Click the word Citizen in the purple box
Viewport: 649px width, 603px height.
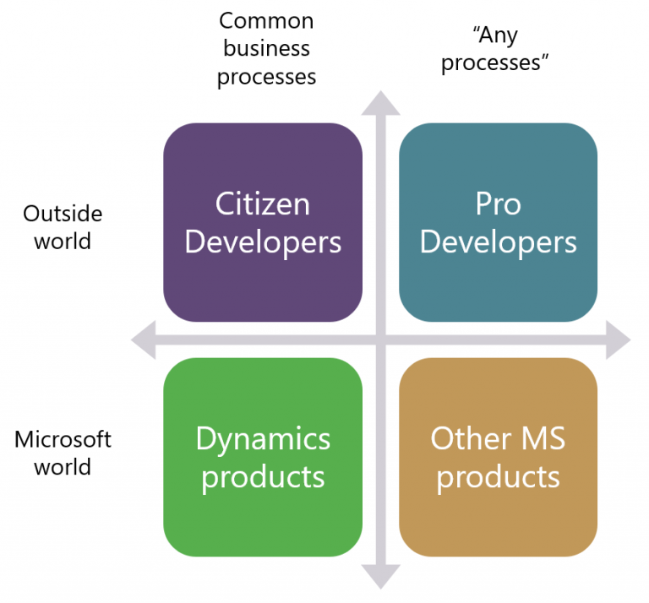(263, 204)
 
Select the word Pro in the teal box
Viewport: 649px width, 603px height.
(498, 204)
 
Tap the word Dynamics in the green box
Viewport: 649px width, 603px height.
(263, 440)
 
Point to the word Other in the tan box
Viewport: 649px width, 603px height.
(471, 438)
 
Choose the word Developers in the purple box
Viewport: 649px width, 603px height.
(263, 243)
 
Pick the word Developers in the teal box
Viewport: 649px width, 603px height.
(498, 243)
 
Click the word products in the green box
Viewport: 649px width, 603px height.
(263, 478)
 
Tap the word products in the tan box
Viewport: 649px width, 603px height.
(498, 478)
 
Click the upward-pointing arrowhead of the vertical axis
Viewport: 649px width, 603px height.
(380, 103)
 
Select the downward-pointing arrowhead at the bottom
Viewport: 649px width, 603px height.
(380, 577)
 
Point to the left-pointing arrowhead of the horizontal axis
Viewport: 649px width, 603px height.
(143, 340)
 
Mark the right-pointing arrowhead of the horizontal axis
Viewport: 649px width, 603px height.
(619, 340)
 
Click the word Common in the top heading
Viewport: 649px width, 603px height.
(266, 20)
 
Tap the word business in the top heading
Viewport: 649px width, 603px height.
(266, 48)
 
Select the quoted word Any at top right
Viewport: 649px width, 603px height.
(495, 35)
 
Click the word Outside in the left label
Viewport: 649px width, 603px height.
(63, 214)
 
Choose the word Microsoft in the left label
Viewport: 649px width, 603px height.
(63, 439)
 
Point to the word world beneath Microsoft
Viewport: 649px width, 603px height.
(63, 467)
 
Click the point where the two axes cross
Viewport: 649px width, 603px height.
(381, 340)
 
